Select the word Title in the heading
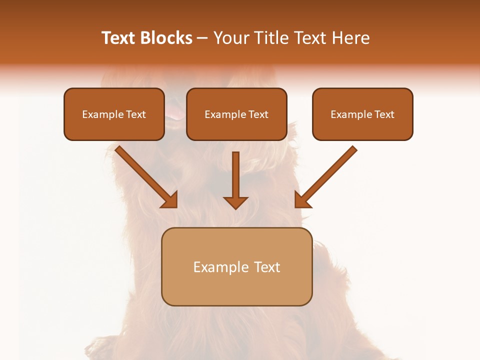tap(273, 38)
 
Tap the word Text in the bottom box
tap(266, 267)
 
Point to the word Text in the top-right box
tap(384, 114)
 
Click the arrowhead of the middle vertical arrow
tap(235, 202)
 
